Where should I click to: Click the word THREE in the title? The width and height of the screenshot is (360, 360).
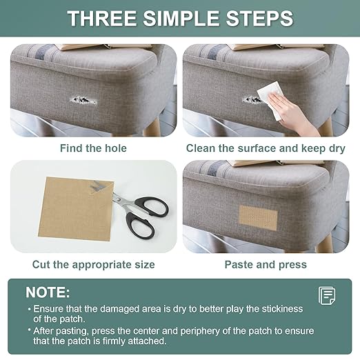point(102,18)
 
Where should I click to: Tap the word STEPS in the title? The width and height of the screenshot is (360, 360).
point(259,18)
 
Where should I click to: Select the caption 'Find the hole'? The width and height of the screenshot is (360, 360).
point(93,148)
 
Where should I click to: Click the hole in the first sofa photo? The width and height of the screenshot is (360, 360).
point(83,100)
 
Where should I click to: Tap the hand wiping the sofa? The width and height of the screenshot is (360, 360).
point(291,115)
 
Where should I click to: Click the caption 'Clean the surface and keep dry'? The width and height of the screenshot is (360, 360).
point(266,148)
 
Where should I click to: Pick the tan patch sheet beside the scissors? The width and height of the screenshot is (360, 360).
point(76,209)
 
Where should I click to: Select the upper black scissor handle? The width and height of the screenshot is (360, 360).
point(152,206)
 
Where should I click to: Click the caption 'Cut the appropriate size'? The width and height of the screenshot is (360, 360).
point(93,265)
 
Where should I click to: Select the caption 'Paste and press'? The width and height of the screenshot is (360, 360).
point(266,265)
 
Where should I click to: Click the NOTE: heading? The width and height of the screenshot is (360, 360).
point(48,292)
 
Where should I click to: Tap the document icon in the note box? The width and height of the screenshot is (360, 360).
point(327,296)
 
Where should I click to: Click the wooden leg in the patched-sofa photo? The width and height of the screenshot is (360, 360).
point(325,244)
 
